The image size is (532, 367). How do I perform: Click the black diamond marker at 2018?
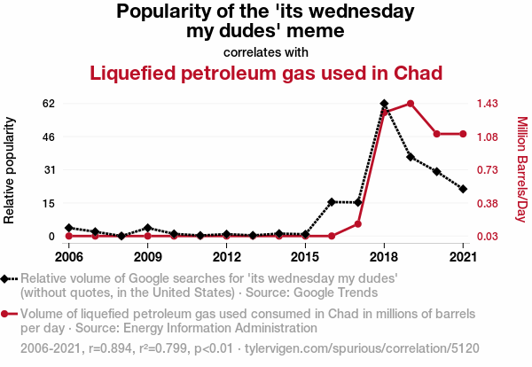tap(384, 104)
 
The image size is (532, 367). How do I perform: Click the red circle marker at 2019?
tap(411, 104)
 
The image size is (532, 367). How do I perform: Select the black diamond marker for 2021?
tap(463, 189)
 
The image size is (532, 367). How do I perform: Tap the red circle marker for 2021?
tap(463, 134)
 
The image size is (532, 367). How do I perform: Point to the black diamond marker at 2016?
tap(332, 202)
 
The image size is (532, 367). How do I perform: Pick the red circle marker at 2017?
tap(358, 223)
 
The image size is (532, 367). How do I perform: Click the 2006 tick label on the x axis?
tap(68, 257)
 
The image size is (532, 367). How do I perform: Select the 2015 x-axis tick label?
tap(305, 257)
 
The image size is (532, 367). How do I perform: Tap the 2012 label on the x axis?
tap(226, 257)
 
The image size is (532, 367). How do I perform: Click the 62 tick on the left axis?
tap(49, 104)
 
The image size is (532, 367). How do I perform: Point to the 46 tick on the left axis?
tap(49, 137)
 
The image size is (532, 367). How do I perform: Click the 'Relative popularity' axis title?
tap(11, 169)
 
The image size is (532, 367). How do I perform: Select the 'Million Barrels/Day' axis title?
tap(521, 169)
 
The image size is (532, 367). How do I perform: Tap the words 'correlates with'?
tap(266, 51)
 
